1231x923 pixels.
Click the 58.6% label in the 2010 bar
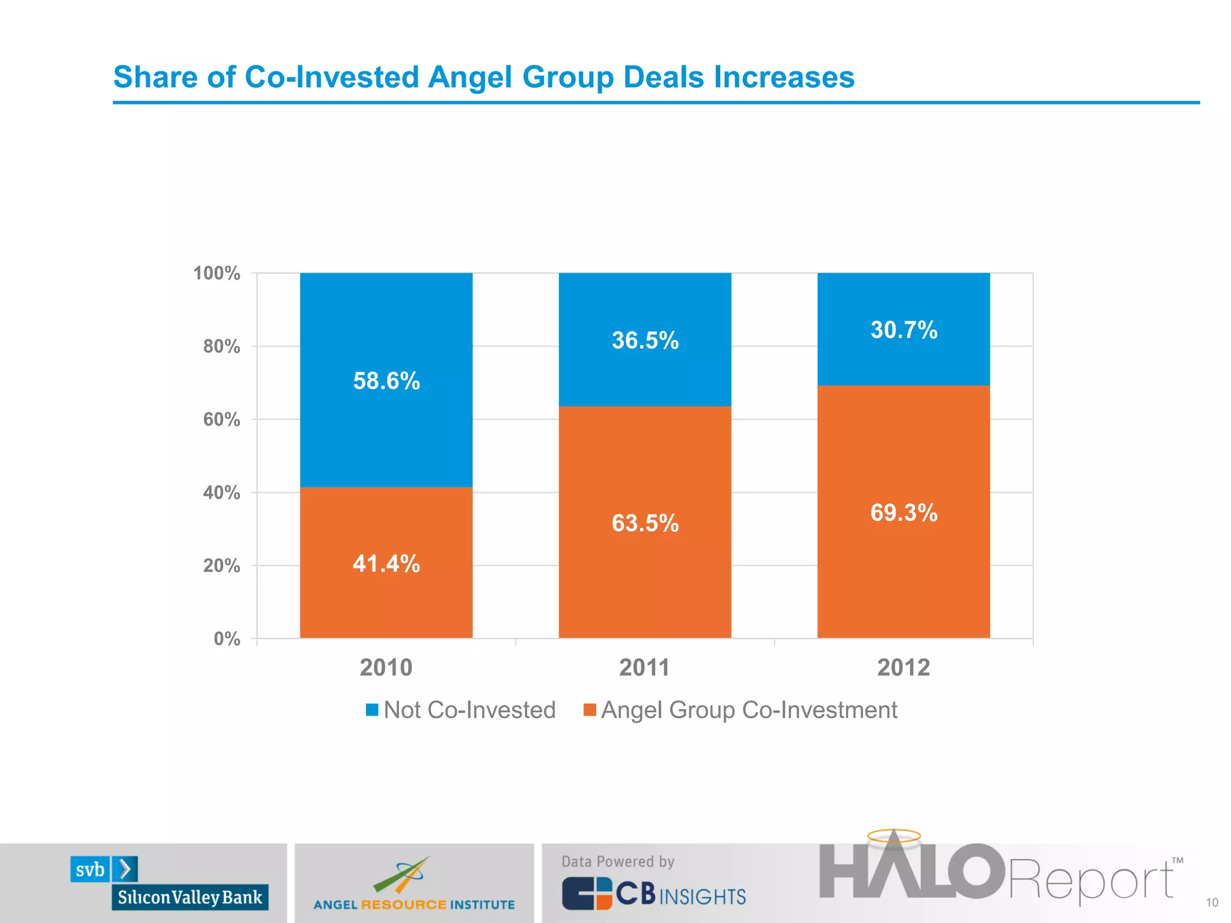pos(386,381)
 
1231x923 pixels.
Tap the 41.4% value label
pos(386,564)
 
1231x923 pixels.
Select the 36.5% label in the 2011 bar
pos(645,340)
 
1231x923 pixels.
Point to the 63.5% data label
pos(645,523)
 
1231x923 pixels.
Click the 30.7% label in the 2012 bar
pos(903,330)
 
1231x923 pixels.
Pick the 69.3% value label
pos(903,513)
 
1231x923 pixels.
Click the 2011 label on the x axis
pos(644,668)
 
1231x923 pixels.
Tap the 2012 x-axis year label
pos(903,668)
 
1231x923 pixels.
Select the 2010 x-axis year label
pos(386,668)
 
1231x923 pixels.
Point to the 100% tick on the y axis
pos(216,273)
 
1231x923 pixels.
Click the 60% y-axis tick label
pos(221,419)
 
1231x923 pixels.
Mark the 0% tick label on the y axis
pos(227,639)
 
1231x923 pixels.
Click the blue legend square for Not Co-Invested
pos(372,710)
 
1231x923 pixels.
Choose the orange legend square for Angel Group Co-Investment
pos(590,710)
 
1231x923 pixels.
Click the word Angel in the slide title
pos(469,77)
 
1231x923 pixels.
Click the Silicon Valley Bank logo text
pos(190,897)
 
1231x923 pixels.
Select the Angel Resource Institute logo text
pos(414,904)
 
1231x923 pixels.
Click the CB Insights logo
pos(653,894)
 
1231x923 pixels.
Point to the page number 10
pos(1212,903)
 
